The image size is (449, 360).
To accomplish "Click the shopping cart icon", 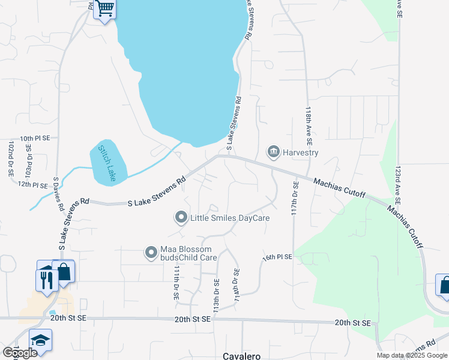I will (x=105, y=8).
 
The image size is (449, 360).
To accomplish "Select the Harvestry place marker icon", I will (x=274, y=152).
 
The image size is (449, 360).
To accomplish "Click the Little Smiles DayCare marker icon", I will (x=181, y=218).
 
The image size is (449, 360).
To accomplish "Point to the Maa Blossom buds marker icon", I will (x=151, y=253).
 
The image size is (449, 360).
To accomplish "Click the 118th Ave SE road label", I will (x=308, y=127).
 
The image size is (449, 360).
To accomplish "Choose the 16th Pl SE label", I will (x=277, y=257).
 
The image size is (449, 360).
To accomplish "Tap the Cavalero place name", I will (x=242, y=356).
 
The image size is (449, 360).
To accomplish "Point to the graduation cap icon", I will (x=40, y=340).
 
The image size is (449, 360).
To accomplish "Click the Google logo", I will (x=20, y=352).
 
